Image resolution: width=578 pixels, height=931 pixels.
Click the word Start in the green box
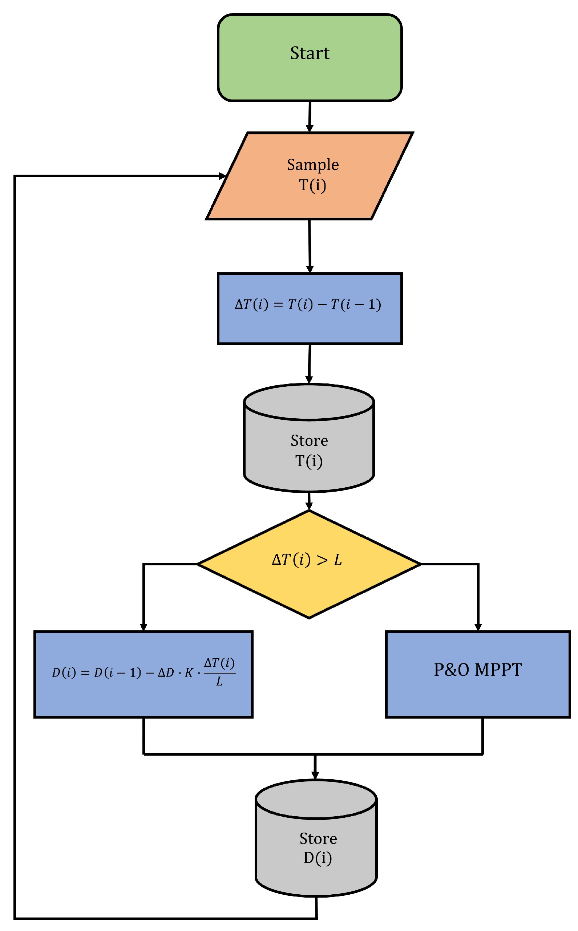point(309,53)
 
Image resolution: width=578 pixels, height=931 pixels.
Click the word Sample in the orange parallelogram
point(313,164)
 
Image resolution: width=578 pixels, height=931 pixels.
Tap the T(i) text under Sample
point(312,185)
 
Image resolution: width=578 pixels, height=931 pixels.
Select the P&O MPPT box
point(477,675)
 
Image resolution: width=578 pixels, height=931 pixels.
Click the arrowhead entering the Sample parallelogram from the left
point(222,176)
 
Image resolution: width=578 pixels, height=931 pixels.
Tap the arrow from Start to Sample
point(310,117)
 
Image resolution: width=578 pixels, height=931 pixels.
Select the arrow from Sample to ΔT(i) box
point(310,247)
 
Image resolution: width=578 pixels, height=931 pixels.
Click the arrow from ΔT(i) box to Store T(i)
point(309,364)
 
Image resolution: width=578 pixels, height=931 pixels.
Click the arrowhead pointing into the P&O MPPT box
point(478,627)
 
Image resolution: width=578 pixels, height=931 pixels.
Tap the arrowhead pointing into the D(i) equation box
point(144,627)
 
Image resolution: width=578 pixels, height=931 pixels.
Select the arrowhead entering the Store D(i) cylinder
point(315,775)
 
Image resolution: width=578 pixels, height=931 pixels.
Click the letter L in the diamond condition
point(337,560)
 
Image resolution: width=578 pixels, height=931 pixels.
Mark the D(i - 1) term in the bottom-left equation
point(117,672)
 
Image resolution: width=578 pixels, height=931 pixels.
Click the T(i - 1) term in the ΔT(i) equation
point(356,305)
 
